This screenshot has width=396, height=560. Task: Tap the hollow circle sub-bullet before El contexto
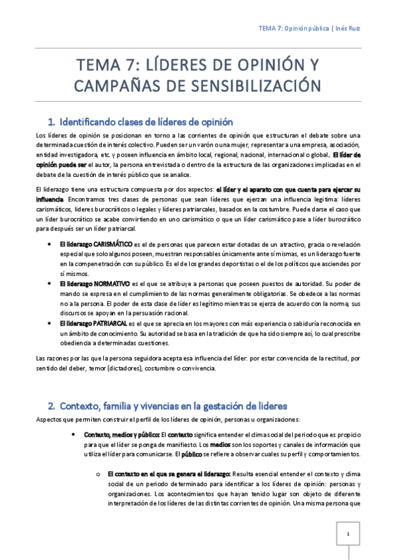[x=99, y=474]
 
